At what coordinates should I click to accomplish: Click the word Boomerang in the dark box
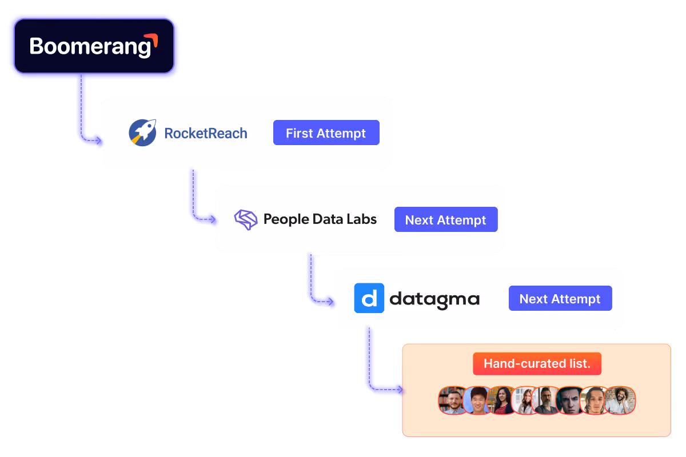[90, 46]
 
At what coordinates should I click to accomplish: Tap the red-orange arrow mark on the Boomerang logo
[151, 41]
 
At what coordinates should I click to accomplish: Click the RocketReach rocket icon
[142, 133]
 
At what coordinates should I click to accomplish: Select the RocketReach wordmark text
[206, 134]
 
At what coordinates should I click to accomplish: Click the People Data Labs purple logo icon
[246, 219]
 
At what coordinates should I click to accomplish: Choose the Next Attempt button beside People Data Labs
[446, 220]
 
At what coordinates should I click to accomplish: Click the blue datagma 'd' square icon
[369, 298]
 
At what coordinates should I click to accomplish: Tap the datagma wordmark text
[434, 299]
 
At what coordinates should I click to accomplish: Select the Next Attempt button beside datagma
[560, 299]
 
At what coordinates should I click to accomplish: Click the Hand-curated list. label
[537, 364]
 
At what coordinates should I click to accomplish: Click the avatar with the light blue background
[477, 400]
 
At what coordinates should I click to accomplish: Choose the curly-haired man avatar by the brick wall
[620, 400]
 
